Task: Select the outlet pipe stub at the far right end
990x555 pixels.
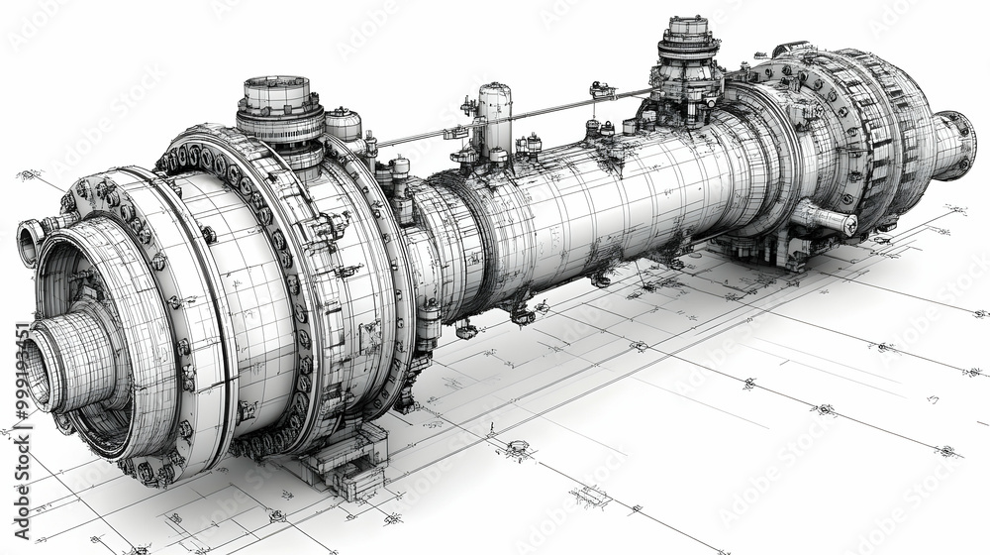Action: [955, 144]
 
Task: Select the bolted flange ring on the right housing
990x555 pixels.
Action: [812, 129]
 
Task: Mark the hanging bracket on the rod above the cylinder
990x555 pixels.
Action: [600, 92]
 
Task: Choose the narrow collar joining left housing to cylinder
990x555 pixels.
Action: [426, 258]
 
